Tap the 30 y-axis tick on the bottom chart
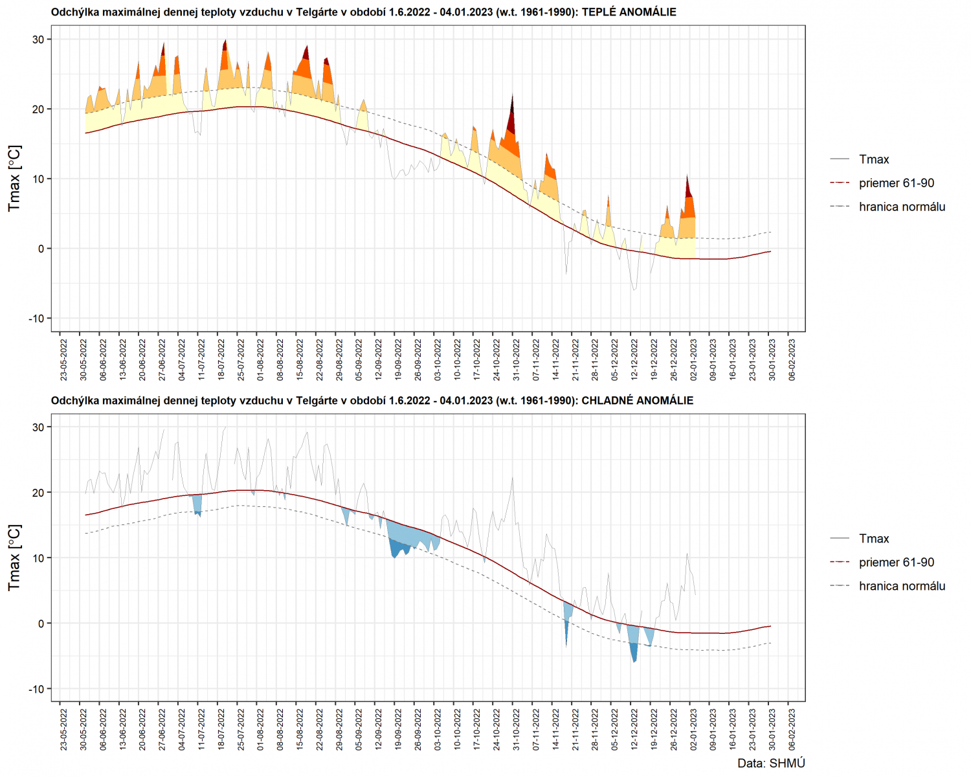39,427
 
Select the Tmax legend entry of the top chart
873,159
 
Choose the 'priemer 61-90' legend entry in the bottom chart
896,562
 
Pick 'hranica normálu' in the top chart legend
902,207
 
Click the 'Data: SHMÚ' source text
771,763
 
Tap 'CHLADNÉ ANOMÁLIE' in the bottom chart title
637,401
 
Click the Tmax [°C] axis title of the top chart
14,178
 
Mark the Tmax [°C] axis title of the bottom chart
14,557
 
